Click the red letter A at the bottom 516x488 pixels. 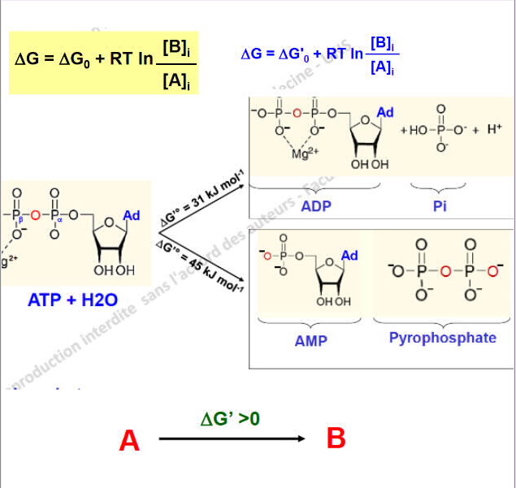pyautogui.click(x=129, y=441)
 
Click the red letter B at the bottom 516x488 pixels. pyautogui.click(x=336, y=438)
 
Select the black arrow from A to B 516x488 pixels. pyautogui.click(x=232, y=439)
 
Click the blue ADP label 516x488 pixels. pyautogui.click(x=315, y=206)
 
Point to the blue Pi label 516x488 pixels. pyautogui.click(x=440, y=206)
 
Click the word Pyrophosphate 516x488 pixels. pyautogui.click(x=442, y=337)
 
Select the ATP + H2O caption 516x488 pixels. pyautogui.click(x=72, y=300)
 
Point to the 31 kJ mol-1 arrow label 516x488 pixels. pyautogui.click(x=203, y=193)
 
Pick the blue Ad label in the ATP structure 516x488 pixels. pyautogui.click(x=132, y=215)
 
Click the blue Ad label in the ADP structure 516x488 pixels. pyautogui.click(x=385, y=112)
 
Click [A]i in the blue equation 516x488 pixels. pyautogui.click(x=382, y=69)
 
